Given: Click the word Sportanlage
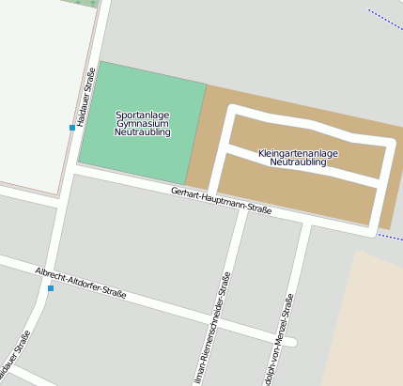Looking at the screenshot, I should click(x=142, y=115).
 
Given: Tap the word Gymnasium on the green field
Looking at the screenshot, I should click(x=142, y=124).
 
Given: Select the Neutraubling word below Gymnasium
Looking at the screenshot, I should click(x=142, y=133).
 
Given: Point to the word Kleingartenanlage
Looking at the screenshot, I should click(x=298, y=153).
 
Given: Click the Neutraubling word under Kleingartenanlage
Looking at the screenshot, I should click(x=298, y=162).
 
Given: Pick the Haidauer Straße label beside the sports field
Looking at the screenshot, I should click(x=86, y=97).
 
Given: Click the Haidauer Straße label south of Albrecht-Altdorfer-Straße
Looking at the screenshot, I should click(x=21, y=356).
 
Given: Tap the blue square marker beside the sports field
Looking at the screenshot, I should click(x=71, y=127).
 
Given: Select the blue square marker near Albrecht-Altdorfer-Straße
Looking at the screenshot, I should click(x=51, y=288).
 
